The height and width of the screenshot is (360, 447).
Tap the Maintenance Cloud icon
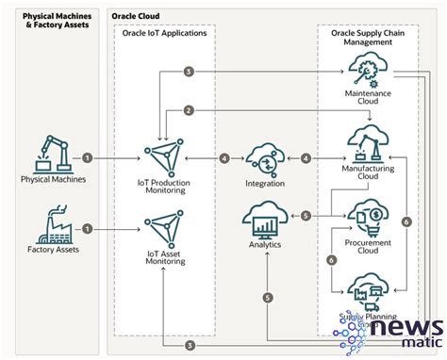pyautogui.click(x=369, y=67)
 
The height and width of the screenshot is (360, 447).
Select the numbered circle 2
pyautogui.click(x=190, y=111)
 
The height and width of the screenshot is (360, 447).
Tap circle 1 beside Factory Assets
pyautogui.click(x=87, y=228)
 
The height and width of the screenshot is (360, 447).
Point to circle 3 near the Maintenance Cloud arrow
pyautogui.click(x=190, y=72)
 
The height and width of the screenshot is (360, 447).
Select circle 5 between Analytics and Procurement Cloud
pyautogui.click(x=306, y=216)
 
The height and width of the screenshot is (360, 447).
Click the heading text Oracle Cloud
pyautogui.click(x=136, y=16)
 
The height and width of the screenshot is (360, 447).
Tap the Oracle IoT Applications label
pyautogui.click(x=164, y=33)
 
